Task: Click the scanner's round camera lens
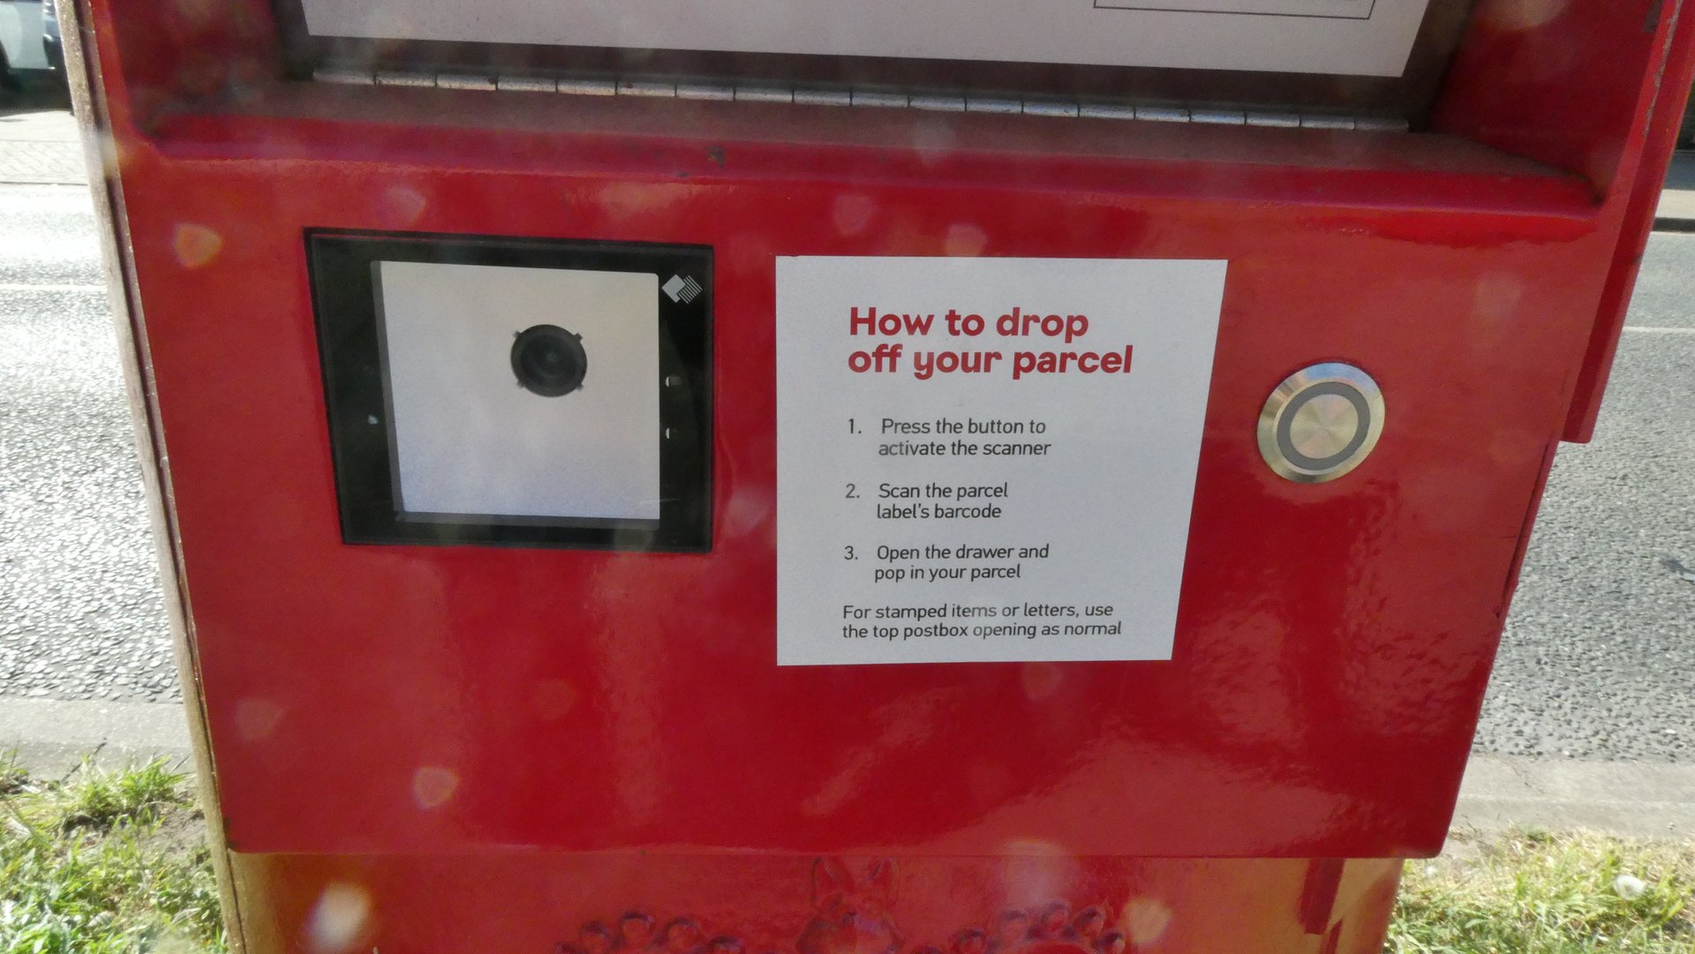click(548, 359)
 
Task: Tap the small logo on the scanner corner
click(682, 289)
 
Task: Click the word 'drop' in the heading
click(1042, 325)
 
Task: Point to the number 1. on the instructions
click(854, 427)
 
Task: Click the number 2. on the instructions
click(852, 492)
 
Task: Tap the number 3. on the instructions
click(850, 553)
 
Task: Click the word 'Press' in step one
click(905, 426)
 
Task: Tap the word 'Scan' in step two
click(900, 491)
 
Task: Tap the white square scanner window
click(521, 390)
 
